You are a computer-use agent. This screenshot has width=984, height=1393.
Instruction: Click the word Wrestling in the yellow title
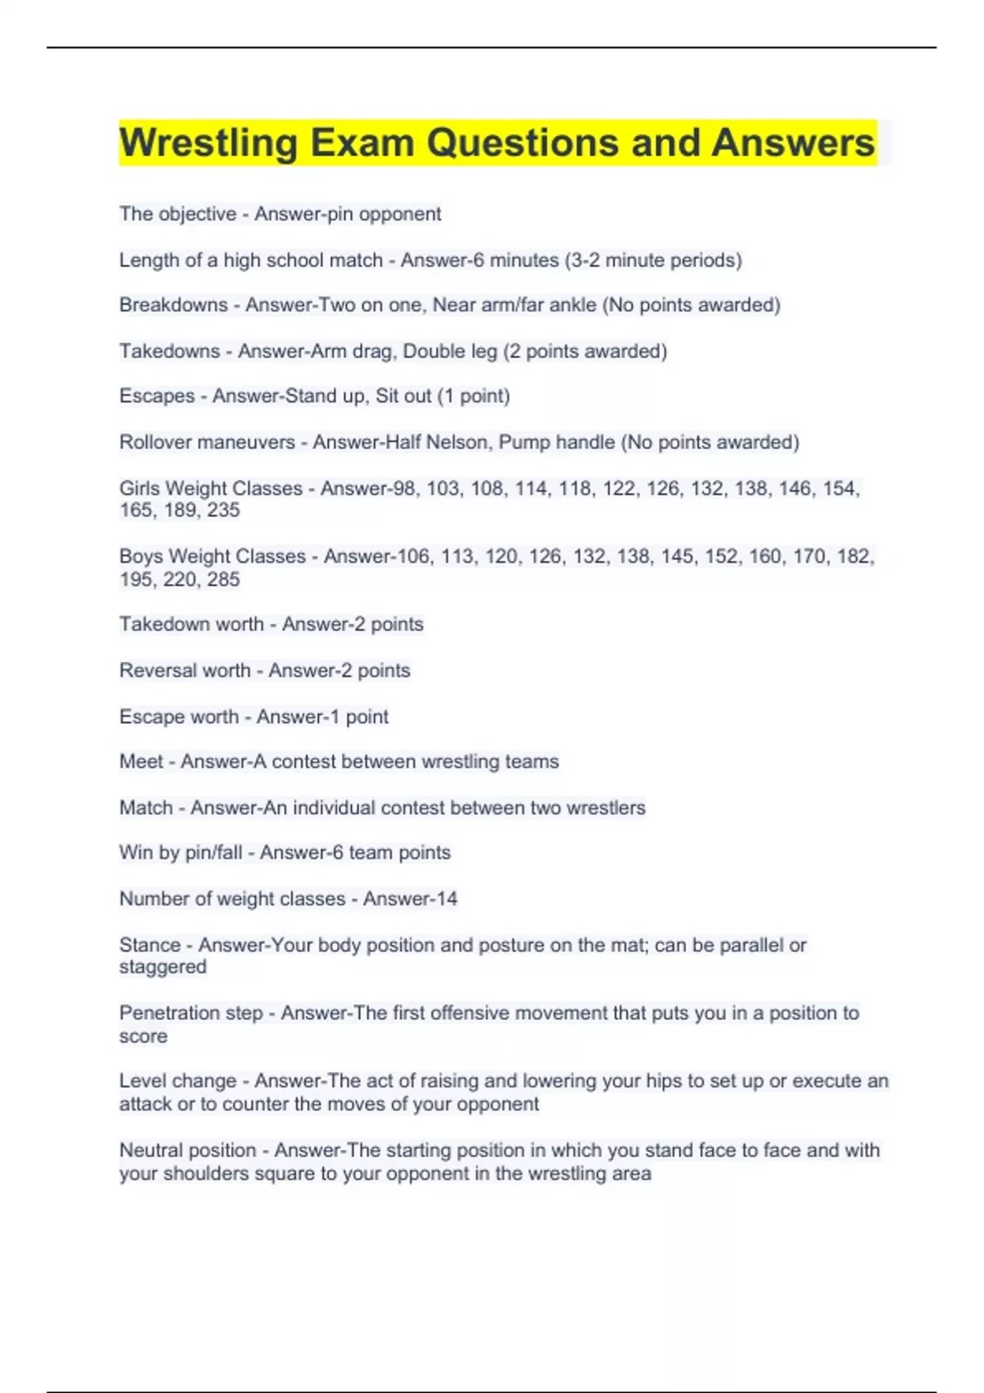click(208, 143)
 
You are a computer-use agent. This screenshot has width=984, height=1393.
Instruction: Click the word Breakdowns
click(173, 305)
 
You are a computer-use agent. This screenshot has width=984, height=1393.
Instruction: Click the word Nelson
click(456, 442)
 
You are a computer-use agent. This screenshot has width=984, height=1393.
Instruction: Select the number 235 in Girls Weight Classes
click(223, 510)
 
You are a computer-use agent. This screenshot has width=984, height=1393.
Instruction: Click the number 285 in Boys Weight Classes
click(223, 579)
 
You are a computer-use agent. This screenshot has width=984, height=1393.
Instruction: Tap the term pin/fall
click(213, 852)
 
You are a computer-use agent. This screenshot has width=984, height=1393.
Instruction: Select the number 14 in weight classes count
click(446, 899)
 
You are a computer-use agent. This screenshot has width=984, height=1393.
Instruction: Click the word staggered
click(162, 967)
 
